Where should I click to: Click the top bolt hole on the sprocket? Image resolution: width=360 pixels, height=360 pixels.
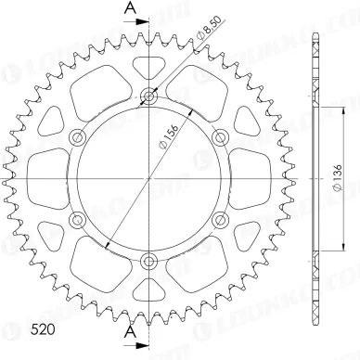(x=148, y=96)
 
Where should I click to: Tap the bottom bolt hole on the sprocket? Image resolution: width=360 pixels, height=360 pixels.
(x=148, y=262)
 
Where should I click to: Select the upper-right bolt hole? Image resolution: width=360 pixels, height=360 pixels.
(x=220, y=137)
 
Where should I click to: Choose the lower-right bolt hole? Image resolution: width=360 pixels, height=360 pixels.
(x=220, y=221)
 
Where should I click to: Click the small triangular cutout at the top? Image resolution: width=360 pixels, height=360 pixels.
(x=148, y=67)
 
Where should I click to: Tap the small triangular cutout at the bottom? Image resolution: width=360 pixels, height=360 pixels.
(x=148, y=290)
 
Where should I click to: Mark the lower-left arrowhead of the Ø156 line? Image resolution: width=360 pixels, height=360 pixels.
(x=109, y=244)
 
